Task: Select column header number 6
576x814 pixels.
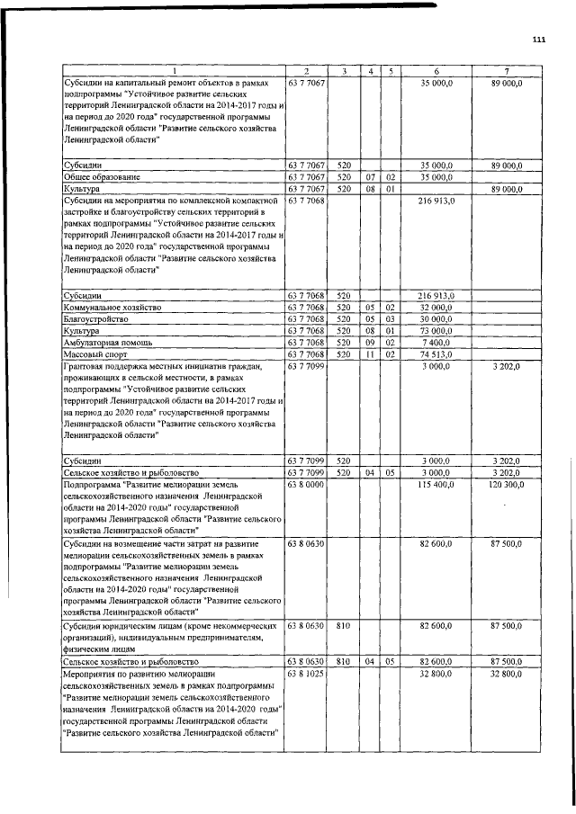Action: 436,70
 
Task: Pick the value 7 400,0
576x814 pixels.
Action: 436,343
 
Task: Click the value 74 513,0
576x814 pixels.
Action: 436,354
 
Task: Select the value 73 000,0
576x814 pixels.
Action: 436,331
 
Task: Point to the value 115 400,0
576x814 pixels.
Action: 436,485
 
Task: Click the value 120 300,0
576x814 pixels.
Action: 506,485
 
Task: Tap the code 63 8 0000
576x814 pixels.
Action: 306,485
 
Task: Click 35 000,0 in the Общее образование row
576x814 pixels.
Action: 436,178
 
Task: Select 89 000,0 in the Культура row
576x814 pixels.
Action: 506,190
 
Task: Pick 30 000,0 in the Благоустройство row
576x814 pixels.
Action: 436,319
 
